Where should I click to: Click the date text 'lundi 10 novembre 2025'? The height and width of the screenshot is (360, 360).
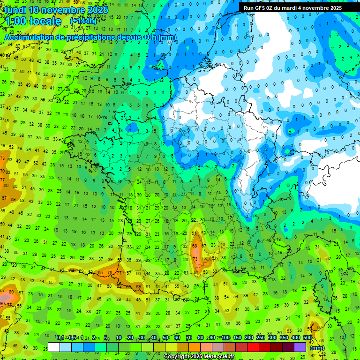[56, 10]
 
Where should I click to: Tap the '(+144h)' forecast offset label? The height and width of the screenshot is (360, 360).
[83, 21]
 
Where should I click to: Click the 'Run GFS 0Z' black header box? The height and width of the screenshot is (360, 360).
[292, 7]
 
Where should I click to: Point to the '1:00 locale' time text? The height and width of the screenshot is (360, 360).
[33, 21]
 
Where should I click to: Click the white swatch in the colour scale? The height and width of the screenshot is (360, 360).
[54, 347]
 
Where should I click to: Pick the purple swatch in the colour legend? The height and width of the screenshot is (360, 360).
[300, 347]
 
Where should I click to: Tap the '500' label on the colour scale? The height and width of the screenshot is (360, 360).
[307, 338]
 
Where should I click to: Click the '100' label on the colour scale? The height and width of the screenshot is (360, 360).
[225, 338]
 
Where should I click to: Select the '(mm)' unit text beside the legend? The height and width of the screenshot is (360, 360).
[317, 348]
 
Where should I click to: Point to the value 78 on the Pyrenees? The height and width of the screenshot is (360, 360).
[110, 272]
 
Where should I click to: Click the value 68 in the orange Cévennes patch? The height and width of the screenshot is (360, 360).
[195, 246]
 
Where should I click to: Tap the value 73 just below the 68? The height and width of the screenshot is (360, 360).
[195, 258]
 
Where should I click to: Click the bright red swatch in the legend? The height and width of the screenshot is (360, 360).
[253, 347]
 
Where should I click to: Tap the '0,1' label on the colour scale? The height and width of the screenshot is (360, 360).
[60, 338]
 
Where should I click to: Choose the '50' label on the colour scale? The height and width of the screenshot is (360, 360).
[165, 338]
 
